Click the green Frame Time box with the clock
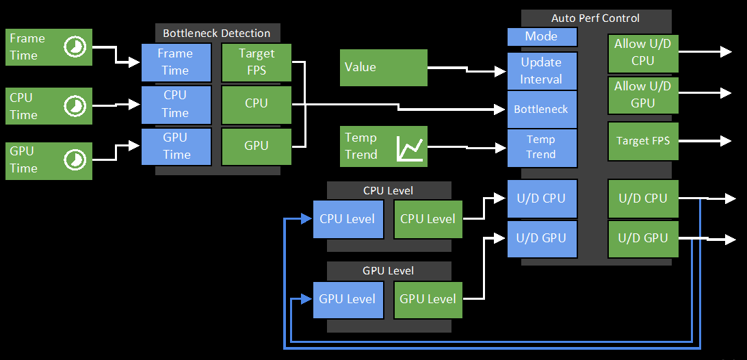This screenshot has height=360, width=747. (x=49, y=47)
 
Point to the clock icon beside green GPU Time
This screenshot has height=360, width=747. (x=75, y=159)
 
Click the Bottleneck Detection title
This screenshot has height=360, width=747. (x=216, y=34)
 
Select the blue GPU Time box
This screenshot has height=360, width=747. (x=176, y=146)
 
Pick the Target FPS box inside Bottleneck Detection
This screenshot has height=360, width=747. (x=257, y=62)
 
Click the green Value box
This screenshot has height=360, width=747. (x=384, y=68)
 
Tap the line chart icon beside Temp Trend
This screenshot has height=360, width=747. (x=410, y=149)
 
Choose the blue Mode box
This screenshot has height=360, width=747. (x=542, y=36)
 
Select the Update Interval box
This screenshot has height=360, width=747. (x=542, y=71)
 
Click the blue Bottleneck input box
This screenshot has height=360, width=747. (x=542, y=110)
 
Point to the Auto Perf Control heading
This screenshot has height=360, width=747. (x=596, y=18)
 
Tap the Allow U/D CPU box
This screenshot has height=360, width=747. (x=643, y=53)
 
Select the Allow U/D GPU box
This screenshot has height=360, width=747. (x=643, y=95)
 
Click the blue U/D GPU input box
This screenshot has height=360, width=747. (x=542, y=238)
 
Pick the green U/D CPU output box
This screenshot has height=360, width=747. (x=643, y=198)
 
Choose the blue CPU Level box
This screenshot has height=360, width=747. (x=348, y=219)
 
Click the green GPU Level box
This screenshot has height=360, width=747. (x=428, y=300)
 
